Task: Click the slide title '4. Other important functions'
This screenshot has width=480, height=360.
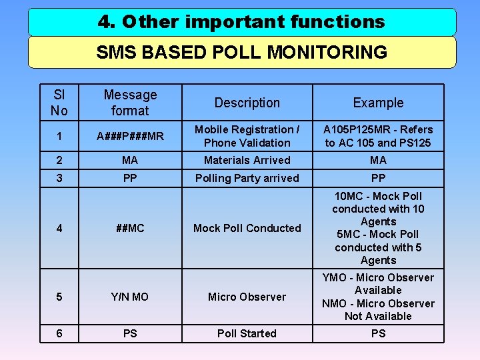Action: coord(241,22)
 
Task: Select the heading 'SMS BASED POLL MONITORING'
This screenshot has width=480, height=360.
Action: coord(241,52)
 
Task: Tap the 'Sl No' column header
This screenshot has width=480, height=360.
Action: coord(59,103)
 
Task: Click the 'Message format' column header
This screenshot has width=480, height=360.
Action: coord(130,103)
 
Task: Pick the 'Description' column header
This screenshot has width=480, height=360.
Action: coord(247,103)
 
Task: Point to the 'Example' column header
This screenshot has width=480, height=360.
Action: coord(378,103)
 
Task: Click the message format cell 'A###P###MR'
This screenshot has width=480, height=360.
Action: coord(130,136)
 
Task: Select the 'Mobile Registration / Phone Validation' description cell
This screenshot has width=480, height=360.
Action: coord(247,136)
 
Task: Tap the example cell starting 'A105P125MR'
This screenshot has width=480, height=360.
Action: coord(378,136)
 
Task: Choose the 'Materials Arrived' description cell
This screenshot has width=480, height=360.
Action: coord(247,160)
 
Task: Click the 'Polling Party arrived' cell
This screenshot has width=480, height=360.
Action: coord(247,178)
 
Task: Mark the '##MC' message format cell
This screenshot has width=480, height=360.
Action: coord(130,228)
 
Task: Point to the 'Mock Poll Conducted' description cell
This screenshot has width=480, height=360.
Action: coord(247,228)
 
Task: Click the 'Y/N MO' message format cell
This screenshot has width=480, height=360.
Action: coord(130,297)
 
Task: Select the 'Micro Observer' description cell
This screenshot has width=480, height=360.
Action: coord(247,297)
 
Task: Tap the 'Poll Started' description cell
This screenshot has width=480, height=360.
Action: coord(247,333)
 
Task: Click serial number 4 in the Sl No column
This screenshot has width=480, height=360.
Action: coord(59,228)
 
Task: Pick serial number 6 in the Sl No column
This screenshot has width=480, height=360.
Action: coord(59,333)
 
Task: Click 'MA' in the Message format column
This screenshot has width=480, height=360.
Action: coord(130,160)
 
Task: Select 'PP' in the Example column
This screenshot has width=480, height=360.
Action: coord(378,178)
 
